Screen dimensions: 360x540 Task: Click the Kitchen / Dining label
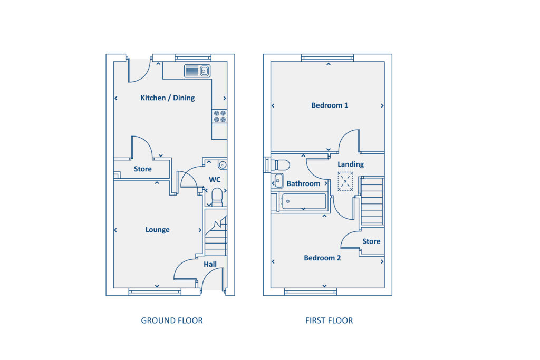(x=167, y=98)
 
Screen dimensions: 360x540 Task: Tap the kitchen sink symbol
(x=197, y=71)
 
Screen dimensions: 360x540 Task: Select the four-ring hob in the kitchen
(x=219, y=116)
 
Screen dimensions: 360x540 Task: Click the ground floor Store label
(x=142, y=169)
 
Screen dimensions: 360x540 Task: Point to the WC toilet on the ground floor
(x=216, y=197)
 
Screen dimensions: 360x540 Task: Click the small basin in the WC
(x=223, y=166)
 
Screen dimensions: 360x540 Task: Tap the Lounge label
(x=157, y=230)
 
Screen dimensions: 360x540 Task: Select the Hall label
(x=210, y=264)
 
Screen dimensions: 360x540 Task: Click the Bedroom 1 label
(x=329, y=105)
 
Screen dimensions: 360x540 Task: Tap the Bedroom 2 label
(x=322, y=258)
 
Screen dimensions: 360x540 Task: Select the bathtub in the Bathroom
(x=304, y=201)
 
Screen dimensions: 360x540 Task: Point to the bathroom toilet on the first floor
(x=280, y=164)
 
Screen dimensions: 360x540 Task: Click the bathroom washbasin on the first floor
(x=278, y=181)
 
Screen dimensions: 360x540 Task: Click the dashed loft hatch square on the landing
(x=345, y=181)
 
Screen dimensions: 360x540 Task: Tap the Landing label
(x=351, y=164)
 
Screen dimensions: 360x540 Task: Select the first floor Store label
(x=371, y=241)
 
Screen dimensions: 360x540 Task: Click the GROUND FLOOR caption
(x=171, y=320)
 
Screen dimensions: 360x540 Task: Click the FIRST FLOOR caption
(x=329, y=320)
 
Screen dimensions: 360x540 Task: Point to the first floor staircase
(x=372, y=201)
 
